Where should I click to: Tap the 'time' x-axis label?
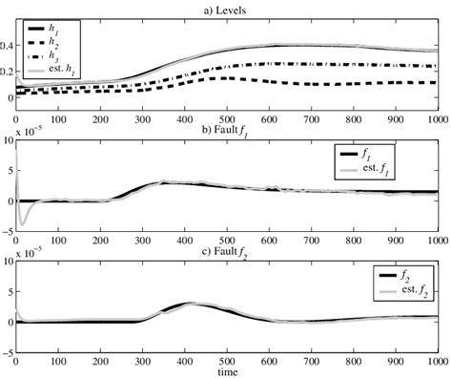pos(226,372)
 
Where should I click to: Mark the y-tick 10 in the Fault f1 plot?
pos(9,141)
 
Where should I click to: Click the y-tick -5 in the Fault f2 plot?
pos(8,352)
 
